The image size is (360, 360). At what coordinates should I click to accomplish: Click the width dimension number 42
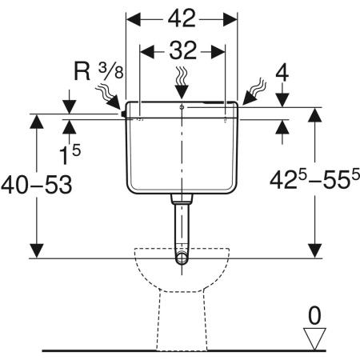(x=182, y=18)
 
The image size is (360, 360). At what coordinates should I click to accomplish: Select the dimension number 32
(x=183, y=50)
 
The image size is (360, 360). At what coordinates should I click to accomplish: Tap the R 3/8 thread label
(x=98, y=71)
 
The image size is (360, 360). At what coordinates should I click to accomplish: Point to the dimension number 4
(x=282, y=74)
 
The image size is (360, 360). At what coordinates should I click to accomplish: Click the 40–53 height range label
(x=37, y=185)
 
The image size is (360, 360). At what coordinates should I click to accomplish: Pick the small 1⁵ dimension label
(x=70, y=154)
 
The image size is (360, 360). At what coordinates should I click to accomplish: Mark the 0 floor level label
(x=314, y=316)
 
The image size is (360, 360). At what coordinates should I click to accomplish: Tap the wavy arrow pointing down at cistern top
(x=182, y=83)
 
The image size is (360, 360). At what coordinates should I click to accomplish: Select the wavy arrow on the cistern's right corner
(x=254, y=91)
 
